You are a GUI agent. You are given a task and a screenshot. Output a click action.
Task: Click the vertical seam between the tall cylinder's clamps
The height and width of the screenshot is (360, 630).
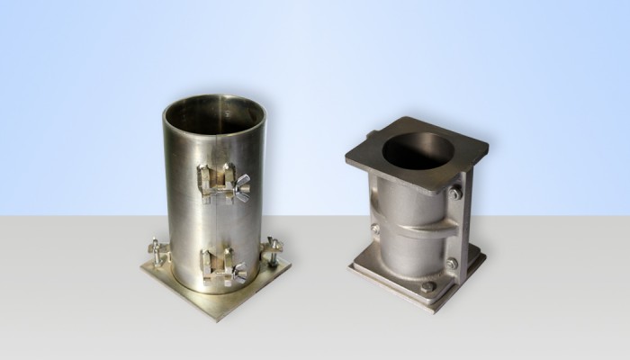216,225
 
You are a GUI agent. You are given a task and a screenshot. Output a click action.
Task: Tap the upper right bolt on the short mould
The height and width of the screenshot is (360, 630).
457,193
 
